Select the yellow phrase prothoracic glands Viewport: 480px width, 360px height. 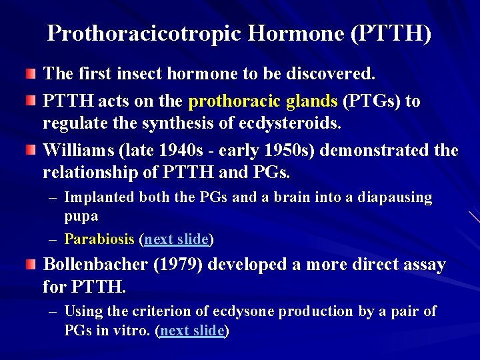263,101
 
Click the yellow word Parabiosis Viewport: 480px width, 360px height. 99,239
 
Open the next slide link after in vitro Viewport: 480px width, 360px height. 193,331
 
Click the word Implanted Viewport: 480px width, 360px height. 99,198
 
